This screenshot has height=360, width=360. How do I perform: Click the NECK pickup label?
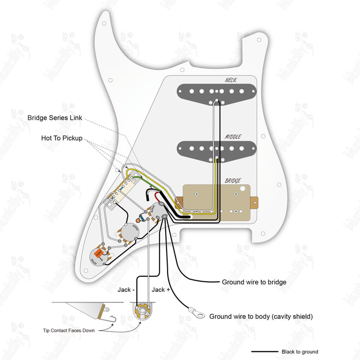(x=230, y=80)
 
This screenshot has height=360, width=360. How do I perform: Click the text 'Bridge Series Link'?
(x=55, y=118)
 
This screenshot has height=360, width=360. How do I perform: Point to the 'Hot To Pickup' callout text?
(x=62, y=138)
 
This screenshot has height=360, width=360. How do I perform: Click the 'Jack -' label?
(x=126, y=290)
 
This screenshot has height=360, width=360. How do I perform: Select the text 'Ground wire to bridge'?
(x=254, y=282)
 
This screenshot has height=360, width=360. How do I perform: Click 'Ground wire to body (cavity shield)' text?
(x=261, y=316)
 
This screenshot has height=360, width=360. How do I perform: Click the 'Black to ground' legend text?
(x=300, y=352)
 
